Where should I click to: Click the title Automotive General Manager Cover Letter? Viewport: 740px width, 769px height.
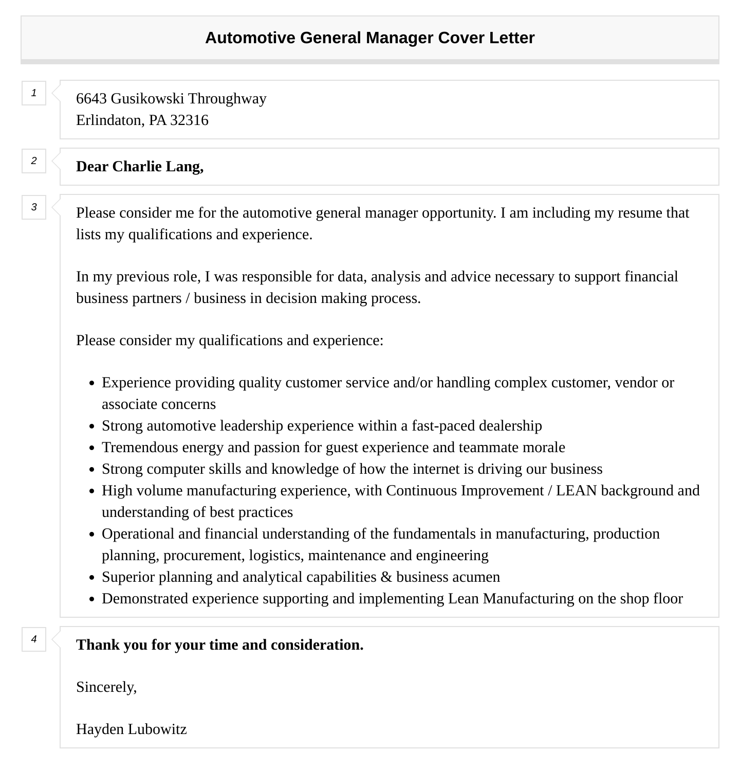click(369, 38)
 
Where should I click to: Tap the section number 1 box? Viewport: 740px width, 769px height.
click(34, 93)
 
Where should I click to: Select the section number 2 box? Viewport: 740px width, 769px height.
click(34, 161)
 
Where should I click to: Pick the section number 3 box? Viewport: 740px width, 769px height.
click(34, 207)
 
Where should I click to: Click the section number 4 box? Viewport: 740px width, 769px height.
click(34, 639)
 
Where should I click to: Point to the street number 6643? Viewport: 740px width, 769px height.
click(91, 99)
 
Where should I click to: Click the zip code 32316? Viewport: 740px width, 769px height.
click(189, 120)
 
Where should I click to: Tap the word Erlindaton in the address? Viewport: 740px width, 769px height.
click(108, 120)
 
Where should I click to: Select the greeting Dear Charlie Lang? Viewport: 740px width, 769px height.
click(140, 167)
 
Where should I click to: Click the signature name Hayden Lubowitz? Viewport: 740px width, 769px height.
click(131, 729)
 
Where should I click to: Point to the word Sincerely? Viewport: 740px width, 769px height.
click(106, 687)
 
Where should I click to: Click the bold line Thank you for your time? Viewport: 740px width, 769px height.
click(219, 645)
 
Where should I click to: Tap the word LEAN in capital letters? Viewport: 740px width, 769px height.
click(576, 491)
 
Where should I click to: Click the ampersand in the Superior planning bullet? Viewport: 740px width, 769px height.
click(386, 577)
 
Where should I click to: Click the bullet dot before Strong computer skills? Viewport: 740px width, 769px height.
click(92, 470)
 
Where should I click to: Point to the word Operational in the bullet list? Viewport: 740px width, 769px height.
click(138, 534)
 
